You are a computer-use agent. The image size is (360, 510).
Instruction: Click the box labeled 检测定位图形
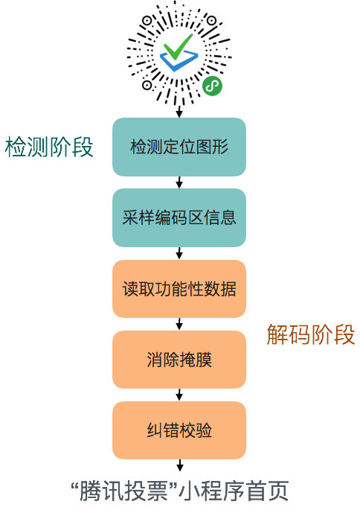[x=179, y=147]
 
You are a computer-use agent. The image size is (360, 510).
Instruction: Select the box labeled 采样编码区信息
[x=179, y=217]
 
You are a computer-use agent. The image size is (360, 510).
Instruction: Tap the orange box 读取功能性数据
[x=179, y=289]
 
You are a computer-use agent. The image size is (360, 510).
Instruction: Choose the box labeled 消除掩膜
[x=179, y=360]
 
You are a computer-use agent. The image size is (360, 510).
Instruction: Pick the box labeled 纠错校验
[x=179, y=430]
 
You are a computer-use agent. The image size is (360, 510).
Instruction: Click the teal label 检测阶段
[x=49, y=147]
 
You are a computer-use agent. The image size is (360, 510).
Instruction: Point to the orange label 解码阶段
[x=311, y=334]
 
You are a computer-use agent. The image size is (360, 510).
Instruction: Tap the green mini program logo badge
[x=212, y=86]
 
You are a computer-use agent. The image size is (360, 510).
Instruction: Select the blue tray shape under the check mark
[x=179, y=61]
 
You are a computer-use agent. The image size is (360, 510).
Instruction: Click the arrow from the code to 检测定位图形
[x=179, y=111]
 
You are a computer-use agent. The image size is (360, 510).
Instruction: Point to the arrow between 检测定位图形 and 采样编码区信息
[x=179, y=182]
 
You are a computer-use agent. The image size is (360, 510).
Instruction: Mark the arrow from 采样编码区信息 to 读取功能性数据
[x=179, y=253]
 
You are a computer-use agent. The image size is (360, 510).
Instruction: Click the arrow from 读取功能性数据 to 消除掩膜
[x=179, y=325]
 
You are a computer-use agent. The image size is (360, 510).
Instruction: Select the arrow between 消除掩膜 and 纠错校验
[x=179, y=395]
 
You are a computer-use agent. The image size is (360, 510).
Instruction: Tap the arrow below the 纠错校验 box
[x=179, y=465]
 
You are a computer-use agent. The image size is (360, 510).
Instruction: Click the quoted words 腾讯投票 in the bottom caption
[x=123, y=491]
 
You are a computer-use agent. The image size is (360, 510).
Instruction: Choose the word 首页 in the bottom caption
[x=267, y=491]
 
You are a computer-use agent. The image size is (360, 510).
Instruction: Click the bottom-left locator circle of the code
[x=147, y=85]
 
